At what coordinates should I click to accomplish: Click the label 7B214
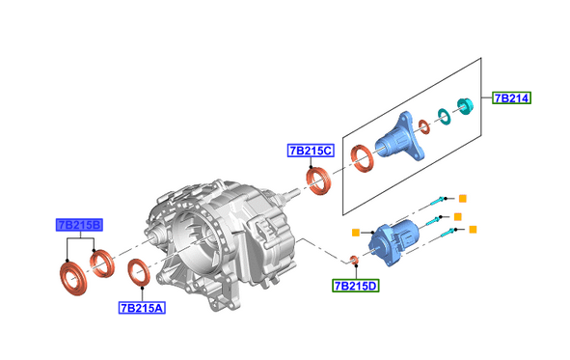(512, 98)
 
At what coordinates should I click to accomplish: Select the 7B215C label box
(311, 151)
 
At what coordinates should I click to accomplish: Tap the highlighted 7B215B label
(79, 225)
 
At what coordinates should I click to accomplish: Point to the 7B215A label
(142, 308)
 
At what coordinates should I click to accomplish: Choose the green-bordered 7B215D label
(356, 286)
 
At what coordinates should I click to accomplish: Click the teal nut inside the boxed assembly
(465, 105)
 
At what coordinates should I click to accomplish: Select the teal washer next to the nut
(444, 117)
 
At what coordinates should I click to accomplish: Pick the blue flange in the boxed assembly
(400, 137)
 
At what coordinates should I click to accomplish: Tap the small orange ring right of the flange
(423, 126)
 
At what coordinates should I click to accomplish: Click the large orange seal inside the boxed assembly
(362, 158)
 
